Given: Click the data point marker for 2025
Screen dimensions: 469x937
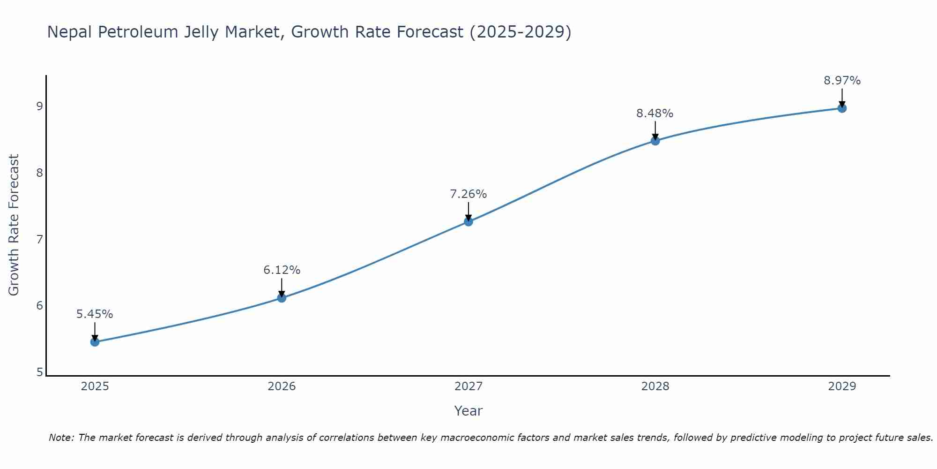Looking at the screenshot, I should [x=95, y=342].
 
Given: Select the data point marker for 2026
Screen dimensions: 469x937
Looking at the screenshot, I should [x=282, y=298].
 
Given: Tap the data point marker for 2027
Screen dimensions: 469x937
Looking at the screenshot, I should [x=468, y=222].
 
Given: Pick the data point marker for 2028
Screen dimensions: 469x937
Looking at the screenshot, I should [x=655, y=141].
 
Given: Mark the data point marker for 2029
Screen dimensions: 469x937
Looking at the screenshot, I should [x=842, y=108].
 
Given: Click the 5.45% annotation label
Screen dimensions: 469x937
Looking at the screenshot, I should [x=95, y=314].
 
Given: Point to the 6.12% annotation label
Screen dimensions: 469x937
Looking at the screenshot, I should [x=282, y=270].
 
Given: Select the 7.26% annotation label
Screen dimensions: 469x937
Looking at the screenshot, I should [x=468, y=194].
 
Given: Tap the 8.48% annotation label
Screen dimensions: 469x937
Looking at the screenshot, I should [x=654, y=113].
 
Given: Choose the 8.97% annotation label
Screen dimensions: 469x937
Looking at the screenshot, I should [x=842, y=81].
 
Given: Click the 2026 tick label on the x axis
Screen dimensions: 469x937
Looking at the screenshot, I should [x=282, y=386].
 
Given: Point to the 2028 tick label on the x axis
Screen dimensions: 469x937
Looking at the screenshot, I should [x=655, y=386].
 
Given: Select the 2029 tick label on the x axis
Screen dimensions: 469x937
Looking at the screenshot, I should [x=842, y=386].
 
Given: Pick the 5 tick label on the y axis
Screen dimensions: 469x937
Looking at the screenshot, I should [x=39, y=372].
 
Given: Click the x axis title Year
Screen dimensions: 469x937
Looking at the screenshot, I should [x=468, y=411].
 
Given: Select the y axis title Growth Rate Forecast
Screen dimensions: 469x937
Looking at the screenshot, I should [x=14, y=225].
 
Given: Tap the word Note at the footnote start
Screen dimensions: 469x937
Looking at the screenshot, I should [x=61, y=438].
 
